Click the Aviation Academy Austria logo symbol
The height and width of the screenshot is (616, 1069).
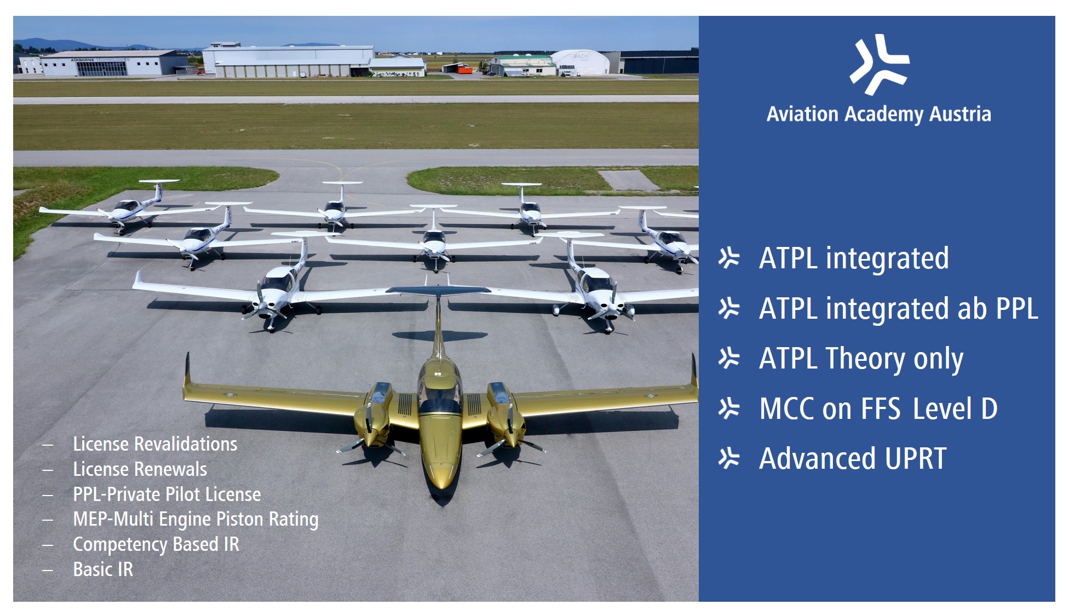click(x=880, y=65)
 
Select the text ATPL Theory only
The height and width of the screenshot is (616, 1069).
click(x=861, y=359)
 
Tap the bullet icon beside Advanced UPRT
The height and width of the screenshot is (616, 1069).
click(x=729, y=458)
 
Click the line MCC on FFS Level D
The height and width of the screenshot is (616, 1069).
click(x=878, y=408)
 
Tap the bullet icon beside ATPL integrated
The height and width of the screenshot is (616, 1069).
click(x=729, y=258)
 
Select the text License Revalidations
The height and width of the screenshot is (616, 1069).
click(x=155, y=444)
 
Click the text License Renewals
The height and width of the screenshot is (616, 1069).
click(x=140, y=469)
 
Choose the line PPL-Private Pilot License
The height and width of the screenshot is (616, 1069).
click(x=167, y=494)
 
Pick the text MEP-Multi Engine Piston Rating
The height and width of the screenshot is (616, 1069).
click(x=196, y=520)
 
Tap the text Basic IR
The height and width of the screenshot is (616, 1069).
click(x=103, y=569)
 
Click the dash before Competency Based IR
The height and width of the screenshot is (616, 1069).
click(x=48, y=545)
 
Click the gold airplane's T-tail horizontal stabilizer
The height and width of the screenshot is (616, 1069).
click(x=438, y=290)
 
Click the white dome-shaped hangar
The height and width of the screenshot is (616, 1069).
click(x=580, y=61)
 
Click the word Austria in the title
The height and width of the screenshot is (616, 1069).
click(x=961, y=114)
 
